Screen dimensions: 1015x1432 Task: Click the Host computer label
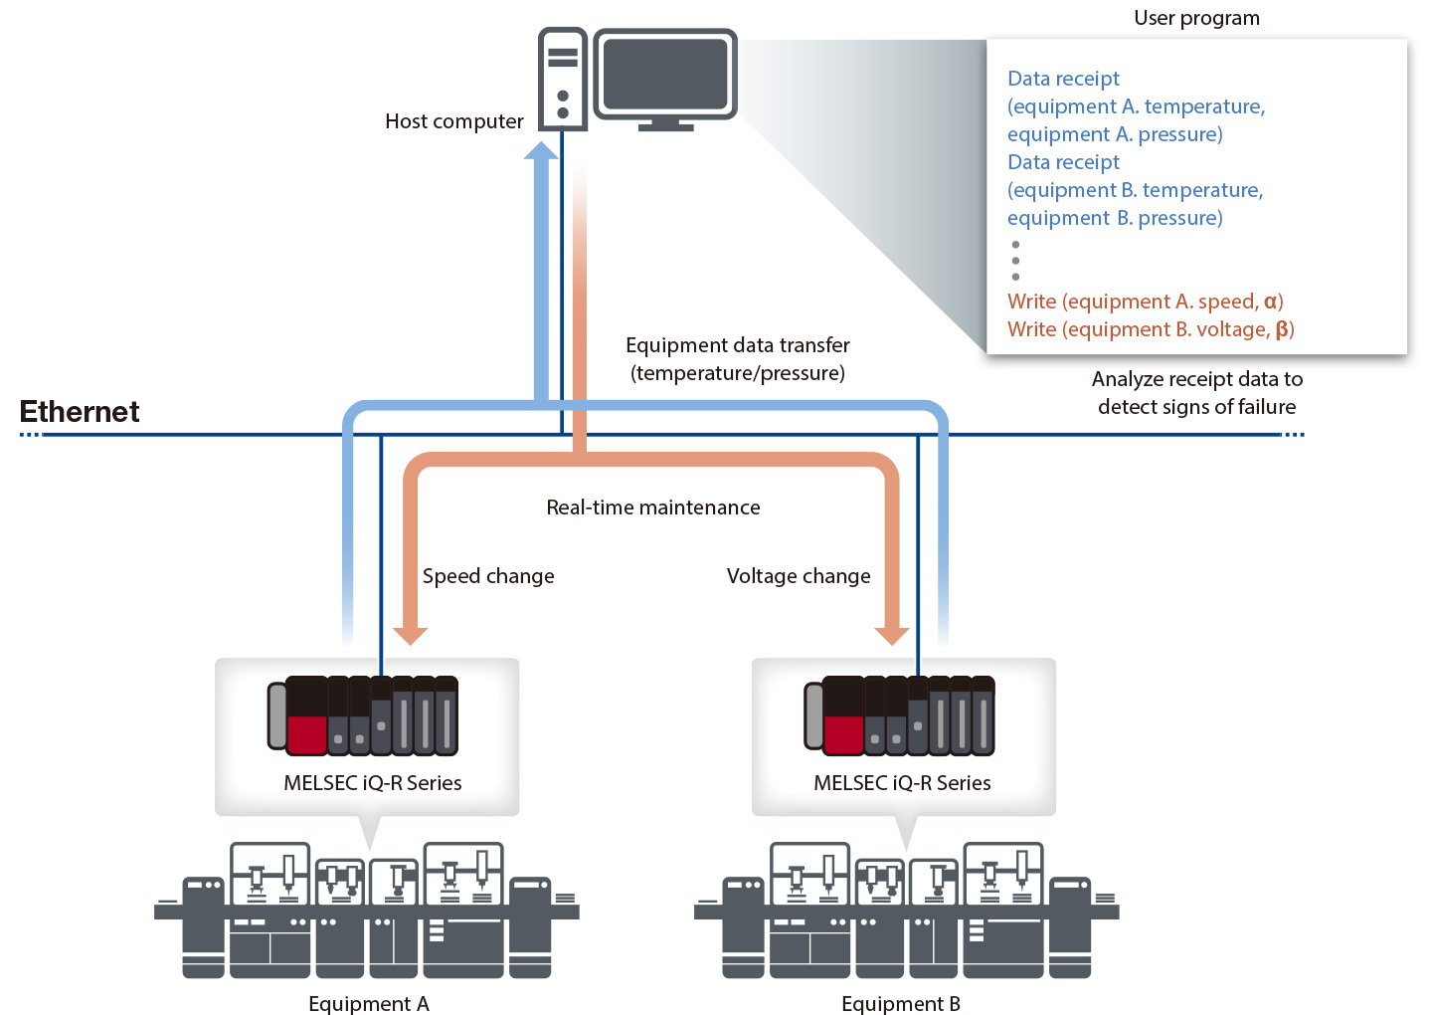[453, 121]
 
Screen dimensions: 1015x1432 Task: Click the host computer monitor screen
[665, 74]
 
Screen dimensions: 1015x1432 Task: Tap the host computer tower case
[562, 80]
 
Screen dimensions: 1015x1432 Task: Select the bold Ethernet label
[80, 412]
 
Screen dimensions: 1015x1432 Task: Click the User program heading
[1196, 18]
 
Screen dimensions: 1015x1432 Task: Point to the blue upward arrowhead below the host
[541, 151]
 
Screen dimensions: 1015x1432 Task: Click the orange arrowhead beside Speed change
[410, 636]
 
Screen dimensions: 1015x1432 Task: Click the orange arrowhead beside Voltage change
[891, 636]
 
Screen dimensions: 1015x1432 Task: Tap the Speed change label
[488, 576]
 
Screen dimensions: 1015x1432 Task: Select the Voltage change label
[798, 576]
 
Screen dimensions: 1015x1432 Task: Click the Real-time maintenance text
[652, 507]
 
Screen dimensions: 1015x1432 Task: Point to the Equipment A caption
[368, 1003]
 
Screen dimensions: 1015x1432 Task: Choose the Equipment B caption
[900, 1003]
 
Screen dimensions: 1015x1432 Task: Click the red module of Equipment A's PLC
[306, 734]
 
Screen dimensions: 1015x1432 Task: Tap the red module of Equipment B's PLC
[843, 734]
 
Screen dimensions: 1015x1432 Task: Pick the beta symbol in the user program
[1282, 329]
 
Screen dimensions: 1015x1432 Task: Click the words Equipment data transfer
[737, 345]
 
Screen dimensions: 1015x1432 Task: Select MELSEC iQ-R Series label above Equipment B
[902, 783]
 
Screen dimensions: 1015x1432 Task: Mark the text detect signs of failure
[1196, 407]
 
